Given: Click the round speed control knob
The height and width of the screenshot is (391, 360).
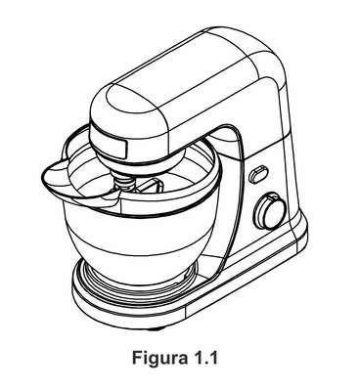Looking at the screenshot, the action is pyautogui.click(x=270, y=212).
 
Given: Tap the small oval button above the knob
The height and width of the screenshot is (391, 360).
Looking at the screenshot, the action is pyautogui.click(x=258, y=174).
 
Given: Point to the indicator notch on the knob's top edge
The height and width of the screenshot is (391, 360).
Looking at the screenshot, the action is pyautogui.click(x=273, y=196).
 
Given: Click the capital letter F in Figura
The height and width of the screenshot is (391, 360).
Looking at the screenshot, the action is pyautogui.click(x=137, y=358).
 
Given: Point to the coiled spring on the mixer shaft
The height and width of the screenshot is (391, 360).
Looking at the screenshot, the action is pyautogui.click(x=125, y=182).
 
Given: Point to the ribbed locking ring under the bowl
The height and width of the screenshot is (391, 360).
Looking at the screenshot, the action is pyautogui.click(x=139, y=283).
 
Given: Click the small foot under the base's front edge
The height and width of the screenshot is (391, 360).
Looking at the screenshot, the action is pyautogui.click(x=154, y=328).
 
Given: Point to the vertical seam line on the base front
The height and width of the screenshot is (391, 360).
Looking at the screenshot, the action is pyautogui.click(x=185, y=311).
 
